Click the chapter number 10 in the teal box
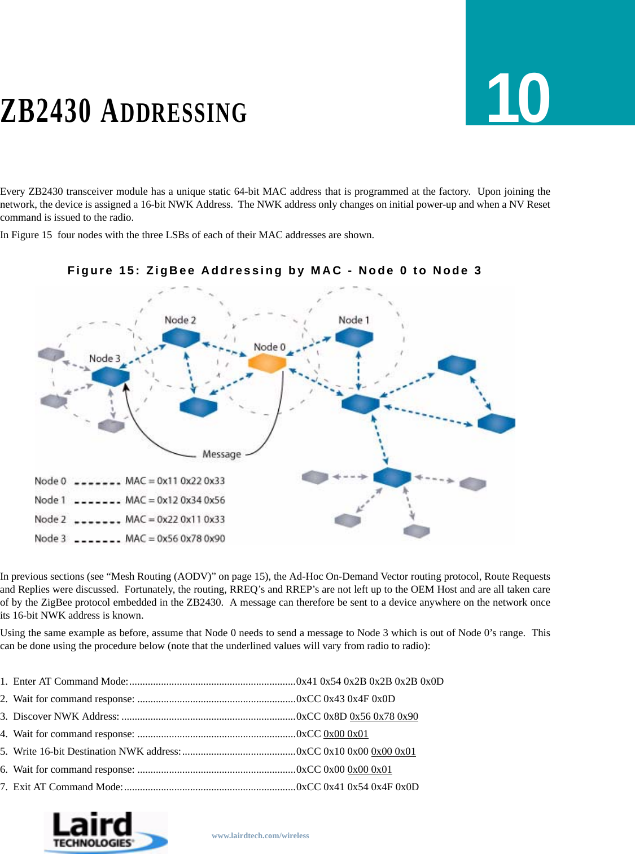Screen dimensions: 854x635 coord(518,98)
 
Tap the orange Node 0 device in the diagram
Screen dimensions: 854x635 coord(267,363)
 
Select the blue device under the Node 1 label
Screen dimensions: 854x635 coord(354,338)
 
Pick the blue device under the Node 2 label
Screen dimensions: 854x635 coord(181,338)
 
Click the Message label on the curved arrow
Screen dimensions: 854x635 coord(222,454)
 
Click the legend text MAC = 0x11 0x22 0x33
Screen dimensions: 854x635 coord(175,481)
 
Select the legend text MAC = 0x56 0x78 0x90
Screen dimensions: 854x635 coord(175,538)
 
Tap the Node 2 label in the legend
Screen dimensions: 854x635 coord(50,519)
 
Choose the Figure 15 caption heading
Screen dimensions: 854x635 coord(274,270)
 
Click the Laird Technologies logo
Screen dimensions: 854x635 coord(106,832)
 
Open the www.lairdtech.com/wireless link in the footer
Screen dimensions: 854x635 coord(260,835)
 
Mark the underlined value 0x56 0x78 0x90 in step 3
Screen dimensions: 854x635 coord(384,716)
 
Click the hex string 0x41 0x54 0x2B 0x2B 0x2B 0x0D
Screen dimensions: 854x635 coord(370,681)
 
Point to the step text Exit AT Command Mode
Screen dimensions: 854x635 coord(68,787)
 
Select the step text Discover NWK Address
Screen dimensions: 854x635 coord(65,716)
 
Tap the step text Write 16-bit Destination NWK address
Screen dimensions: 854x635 coord(97,751)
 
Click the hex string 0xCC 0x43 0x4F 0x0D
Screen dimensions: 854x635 coord(345,699)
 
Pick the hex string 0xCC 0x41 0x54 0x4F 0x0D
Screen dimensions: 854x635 coord(357,787)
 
